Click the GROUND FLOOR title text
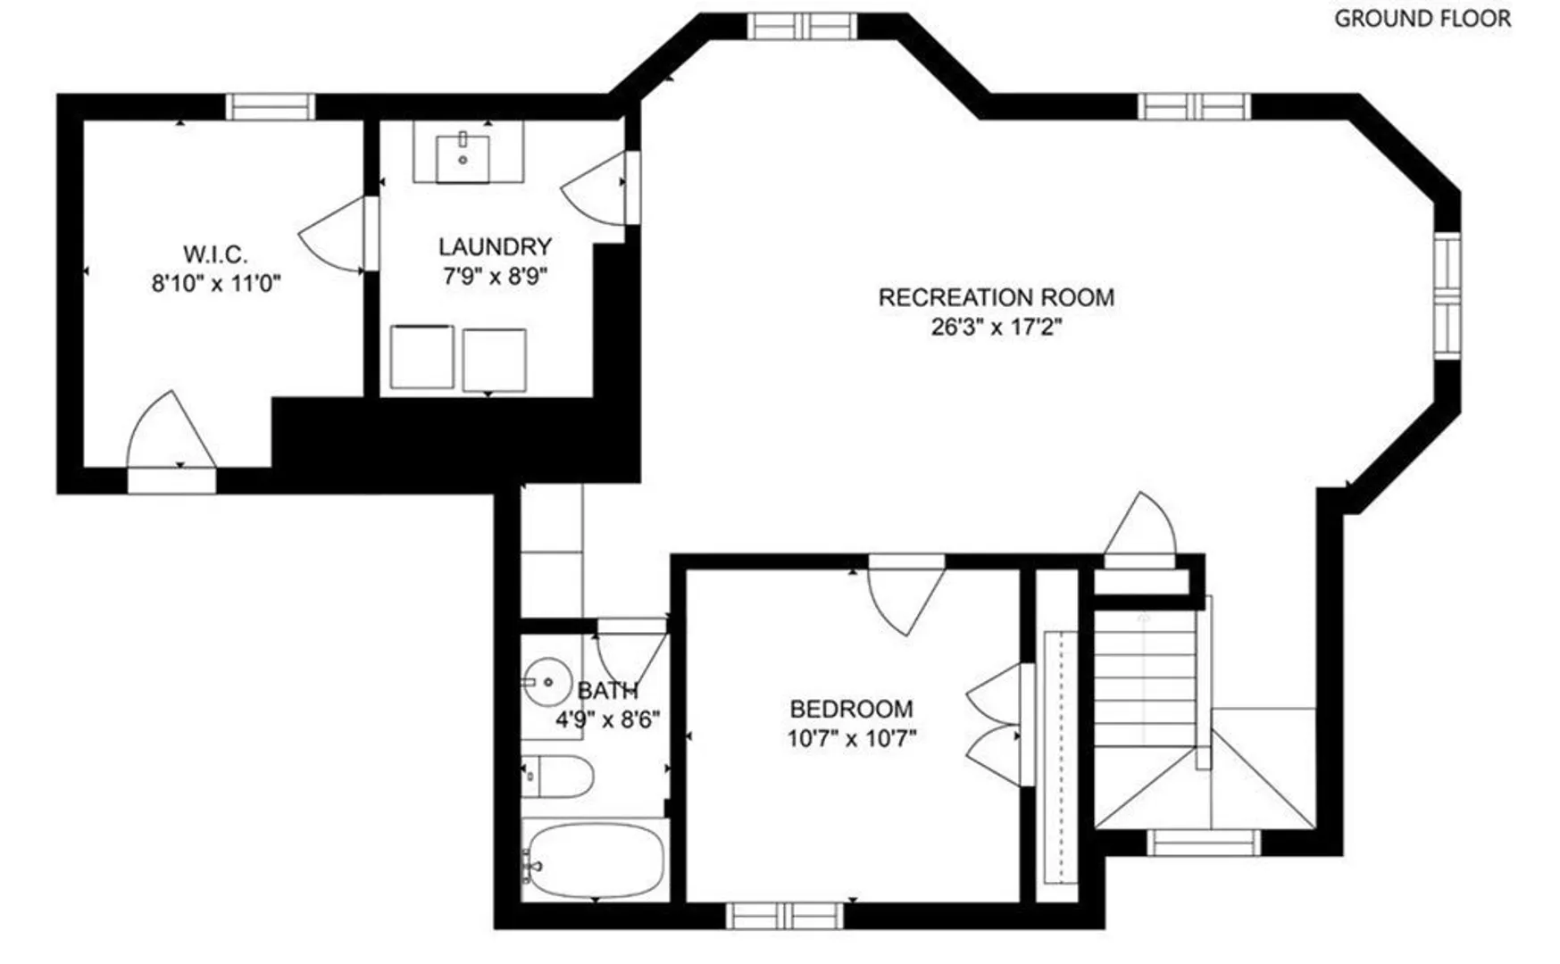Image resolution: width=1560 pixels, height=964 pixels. (x=1422, y=18)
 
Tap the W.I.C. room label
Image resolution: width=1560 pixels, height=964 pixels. (x=215, y=254)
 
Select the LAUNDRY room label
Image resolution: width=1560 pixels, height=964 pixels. (x=495, y=246)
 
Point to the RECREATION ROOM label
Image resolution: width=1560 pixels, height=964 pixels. (x=997, y=297)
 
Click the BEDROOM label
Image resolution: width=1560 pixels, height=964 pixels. (x=852, y=709)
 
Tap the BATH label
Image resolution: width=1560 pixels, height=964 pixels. (x=608, y=690)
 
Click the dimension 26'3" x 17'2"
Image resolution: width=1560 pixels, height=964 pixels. (x=997, y=327)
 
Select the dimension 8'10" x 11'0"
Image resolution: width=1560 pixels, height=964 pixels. (x=216, y=284)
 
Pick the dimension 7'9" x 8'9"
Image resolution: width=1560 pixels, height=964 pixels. (x=495, y=276)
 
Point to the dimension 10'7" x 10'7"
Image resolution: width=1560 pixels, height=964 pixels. (x=852, y=739)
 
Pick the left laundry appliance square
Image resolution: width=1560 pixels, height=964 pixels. (x=421, y=357)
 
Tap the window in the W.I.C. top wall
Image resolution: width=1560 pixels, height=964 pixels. (x=270, y=106)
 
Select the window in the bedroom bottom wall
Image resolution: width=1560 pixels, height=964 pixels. (x=785, y=916)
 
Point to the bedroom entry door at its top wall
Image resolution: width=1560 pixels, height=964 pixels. (x=906, y=595)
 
